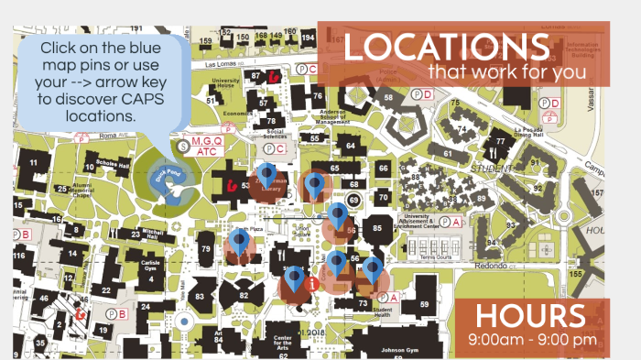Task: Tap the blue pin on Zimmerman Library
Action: pos(266,173)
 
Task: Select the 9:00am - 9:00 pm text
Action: pos(531,340)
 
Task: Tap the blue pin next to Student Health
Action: pos(372,270)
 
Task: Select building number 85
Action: pos(375,226)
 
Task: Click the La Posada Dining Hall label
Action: pos(527,133)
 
